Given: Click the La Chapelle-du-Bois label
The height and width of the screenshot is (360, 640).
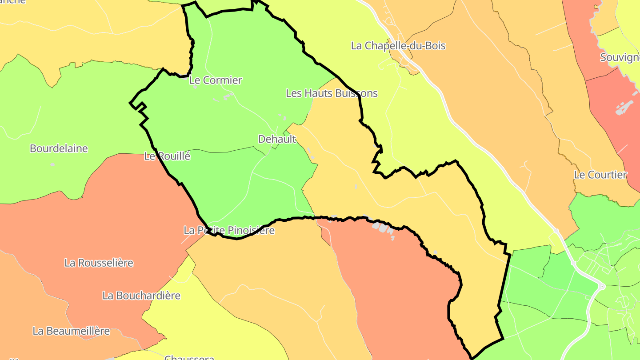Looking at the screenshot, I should pyautogui.click(x=398, y=46).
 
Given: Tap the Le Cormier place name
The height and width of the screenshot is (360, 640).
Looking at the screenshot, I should pyautogui.click(x=216, y=80).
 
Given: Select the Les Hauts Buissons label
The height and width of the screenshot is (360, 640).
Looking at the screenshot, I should pyautogui.click(x=332, y=93).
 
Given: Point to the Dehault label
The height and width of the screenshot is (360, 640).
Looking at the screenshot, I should pyautogui.click(x=277, y=139).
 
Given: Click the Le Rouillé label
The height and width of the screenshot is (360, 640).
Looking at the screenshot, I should pyautogui.click(x=167, y=156).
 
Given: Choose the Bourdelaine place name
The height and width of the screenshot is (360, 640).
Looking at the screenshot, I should pyautogui.click(x=59, y=148).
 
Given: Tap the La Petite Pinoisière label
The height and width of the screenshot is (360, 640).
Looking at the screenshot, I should pyautogui.click(x=229, y=230).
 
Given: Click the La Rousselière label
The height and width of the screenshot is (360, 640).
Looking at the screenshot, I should pyautogui.click(x=99, y=263).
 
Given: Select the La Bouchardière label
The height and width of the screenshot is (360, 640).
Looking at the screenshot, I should pyautogui.click(x=141, y=296).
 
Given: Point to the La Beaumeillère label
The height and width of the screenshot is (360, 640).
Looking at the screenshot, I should pyautogui.click(x=71, y=331).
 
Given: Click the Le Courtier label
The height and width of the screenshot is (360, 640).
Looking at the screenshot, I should pyautogui.click(x=600, y=175).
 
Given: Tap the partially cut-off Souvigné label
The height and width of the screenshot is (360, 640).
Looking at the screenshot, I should pyautogui.click(x=620, y=57).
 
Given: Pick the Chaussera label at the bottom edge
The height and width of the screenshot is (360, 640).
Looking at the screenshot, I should pyautogui.click(x=189, y=357).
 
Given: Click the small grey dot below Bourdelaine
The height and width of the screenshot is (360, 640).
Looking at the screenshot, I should pyautogui.click(x=52, y=165).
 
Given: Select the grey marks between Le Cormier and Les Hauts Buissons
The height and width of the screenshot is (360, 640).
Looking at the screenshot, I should pyautogui.click(x=227, y=96).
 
